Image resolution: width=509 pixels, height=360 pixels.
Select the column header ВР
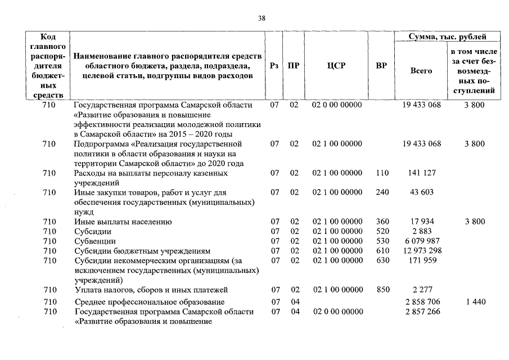(x=381, y=66)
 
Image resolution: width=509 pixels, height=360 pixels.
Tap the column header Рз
(x=274, y=66)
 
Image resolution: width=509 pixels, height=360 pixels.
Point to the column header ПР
(x=293, y=66)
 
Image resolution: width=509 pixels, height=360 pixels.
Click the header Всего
(x=421, y=71)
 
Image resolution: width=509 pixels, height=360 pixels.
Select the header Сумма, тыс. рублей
(x=447, y=37)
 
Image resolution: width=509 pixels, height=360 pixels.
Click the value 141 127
(x=422, y=173)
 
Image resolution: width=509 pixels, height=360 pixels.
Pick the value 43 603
(x=422, y=192)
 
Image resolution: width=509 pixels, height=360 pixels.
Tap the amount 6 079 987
(x=422, y=241)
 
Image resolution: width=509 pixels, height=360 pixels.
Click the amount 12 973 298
(x=422, y=250)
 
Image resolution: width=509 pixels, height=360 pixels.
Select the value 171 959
(x=422, y=260)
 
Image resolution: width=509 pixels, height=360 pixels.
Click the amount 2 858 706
(x=422, y=302)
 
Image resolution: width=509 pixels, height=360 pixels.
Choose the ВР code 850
(x=382, y=290)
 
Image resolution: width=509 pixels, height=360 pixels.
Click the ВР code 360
(x=382, y=222)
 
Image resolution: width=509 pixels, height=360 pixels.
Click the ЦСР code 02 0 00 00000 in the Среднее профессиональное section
(x=337, y=312)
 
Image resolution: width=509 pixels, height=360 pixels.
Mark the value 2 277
(x=422, y=290)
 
